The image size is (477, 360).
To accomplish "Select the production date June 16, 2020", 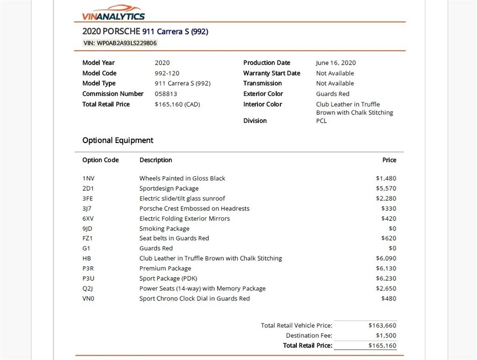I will [336, 63].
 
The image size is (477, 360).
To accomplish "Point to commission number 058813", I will [166, 94].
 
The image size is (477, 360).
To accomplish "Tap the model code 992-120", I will [167, 73].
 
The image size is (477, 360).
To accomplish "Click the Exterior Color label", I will [263, 94].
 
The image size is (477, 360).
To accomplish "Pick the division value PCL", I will [322, 121].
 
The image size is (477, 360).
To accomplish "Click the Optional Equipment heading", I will [118, 140].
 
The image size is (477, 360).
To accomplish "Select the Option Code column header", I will [100, 160].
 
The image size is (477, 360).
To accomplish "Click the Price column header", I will [389, 160].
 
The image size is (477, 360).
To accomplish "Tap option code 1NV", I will [89, 179].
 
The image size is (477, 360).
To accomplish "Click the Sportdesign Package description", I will [169, 188].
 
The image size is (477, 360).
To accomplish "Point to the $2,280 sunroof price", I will [386, 199].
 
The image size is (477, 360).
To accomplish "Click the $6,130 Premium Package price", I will [386, 269].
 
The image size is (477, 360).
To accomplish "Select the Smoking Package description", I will [164, 229].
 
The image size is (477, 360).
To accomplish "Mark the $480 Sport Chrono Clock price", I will [389, 299].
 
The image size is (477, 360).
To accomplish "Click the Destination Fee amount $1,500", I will [386, 336].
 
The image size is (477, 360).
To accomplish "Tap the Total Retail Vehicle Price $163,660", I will [382, 325].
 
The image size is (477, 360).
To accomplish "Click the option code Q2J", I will [88, 289].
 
